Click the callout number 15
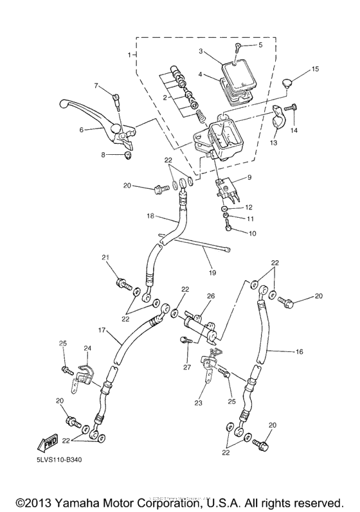point(315,69)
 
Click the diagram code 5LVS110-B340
point(60,460)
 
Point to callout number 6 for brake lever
point(82,130)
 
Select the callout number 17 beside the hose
point(100,330)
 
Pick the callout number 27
point(187,367)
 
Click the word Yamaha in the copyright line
point(82,501)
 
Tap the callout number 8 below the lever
point(103,155)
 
